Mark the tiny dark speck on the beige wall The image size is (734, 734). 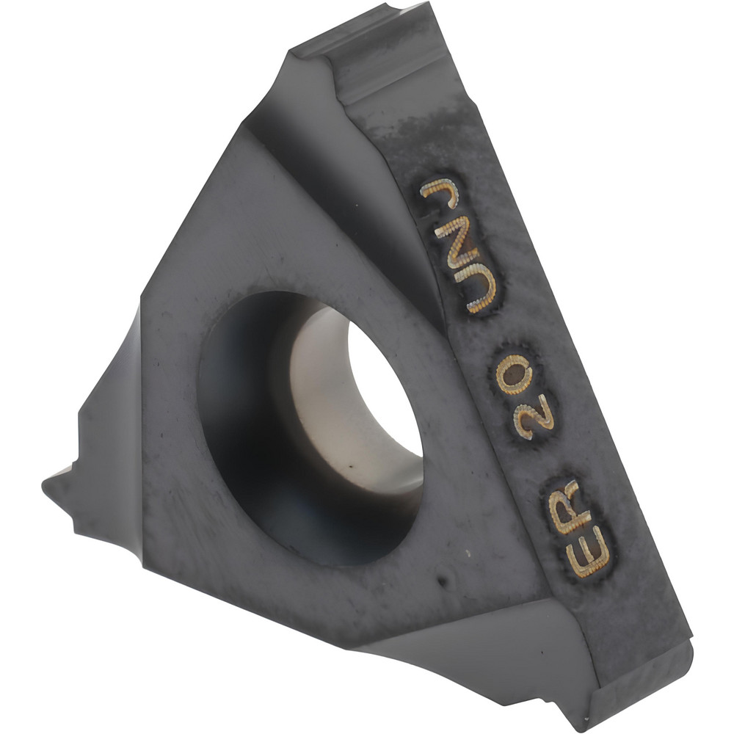point(351,465)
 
